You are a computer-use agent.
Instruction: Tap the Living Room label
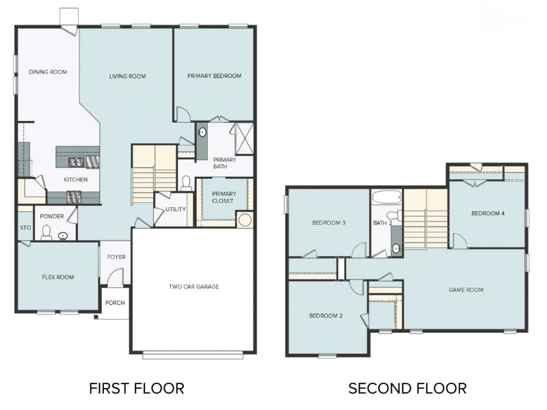[x=128, y=76]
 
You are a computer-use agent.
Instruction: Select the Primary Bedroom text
[x=214, y=76]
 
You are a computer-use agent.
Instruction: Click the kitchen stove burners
[x=73, y=197]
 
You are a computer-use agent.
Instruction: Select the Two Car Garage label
[x=194, y=286]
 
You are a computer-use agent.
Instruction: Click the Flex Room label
[x=57, y=277]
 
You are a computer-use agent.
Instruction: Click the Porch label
[x=116, y=303]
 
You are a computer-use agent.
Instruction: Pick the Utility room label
[x=175, y=210]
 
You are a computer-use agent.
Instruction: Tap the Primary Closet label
[x=224, y=197]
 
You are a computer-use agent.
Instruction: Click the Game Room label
[x=466, y=290]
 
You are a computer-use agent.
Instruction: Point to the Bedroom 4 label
[x=488, y=213]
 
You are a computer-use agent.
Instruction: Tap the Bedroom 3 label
[x=328, y=223]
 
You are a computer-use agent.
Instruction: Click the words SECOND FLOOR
[x=408, y=389]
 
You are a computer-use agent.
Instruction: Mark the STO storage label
[x=25, y=228]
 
